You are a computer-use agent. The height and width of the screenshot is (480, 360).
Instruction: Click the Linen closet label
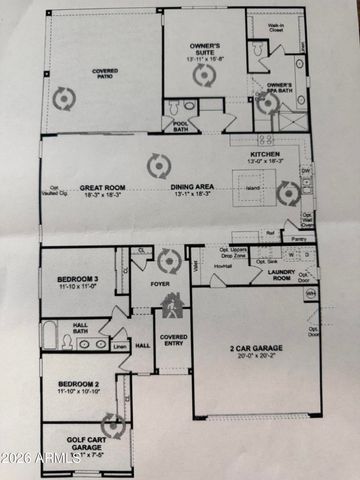119,346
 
